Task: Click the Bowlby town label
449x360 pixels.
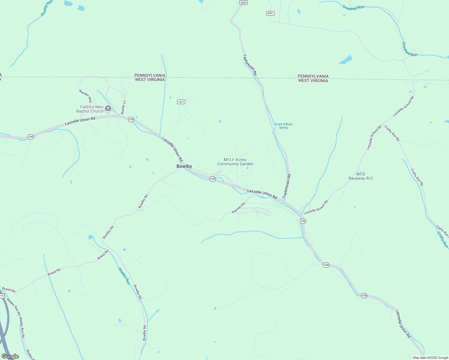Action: pos(184,166)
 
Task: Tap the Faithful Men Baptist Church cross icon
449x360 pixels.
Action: pos(108,109)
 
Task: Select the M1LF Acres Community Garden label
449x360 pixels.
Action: pos(235,162)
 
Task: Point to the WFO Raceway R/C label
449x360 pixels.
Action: pos(361,176)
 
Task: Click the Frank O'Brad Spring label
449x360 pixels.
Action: pos(283,126)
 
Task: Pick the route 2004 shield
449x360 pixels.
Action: pos(243,3)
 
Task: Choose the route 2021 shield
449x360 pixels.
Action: pos(270,13)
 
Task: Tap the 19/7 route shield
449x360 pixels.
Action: pos(181,102)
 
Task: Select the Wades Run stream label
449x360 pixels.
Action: pos(124,276)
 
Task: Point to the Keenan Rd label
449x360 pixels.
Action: pos(239,208)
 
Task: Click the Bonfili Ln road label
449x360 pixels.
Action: pos(123,107)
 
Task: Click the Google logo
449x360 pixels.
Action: pos(10,356)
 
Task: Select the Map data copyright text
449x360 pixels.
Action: pos(430,358)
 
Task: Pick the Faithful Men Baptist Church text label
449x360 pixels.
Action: pos(90,109)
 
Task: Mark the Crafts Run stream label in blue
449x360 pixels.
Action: pos(443,240)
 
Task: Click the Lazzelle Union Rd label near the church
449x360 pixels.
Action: pos(80,121)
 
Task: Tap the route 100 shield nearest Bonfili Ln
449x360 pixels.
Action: pos(131,119)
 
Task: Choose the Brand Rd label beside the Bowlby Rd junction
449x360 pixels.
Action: pos(103,255)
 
